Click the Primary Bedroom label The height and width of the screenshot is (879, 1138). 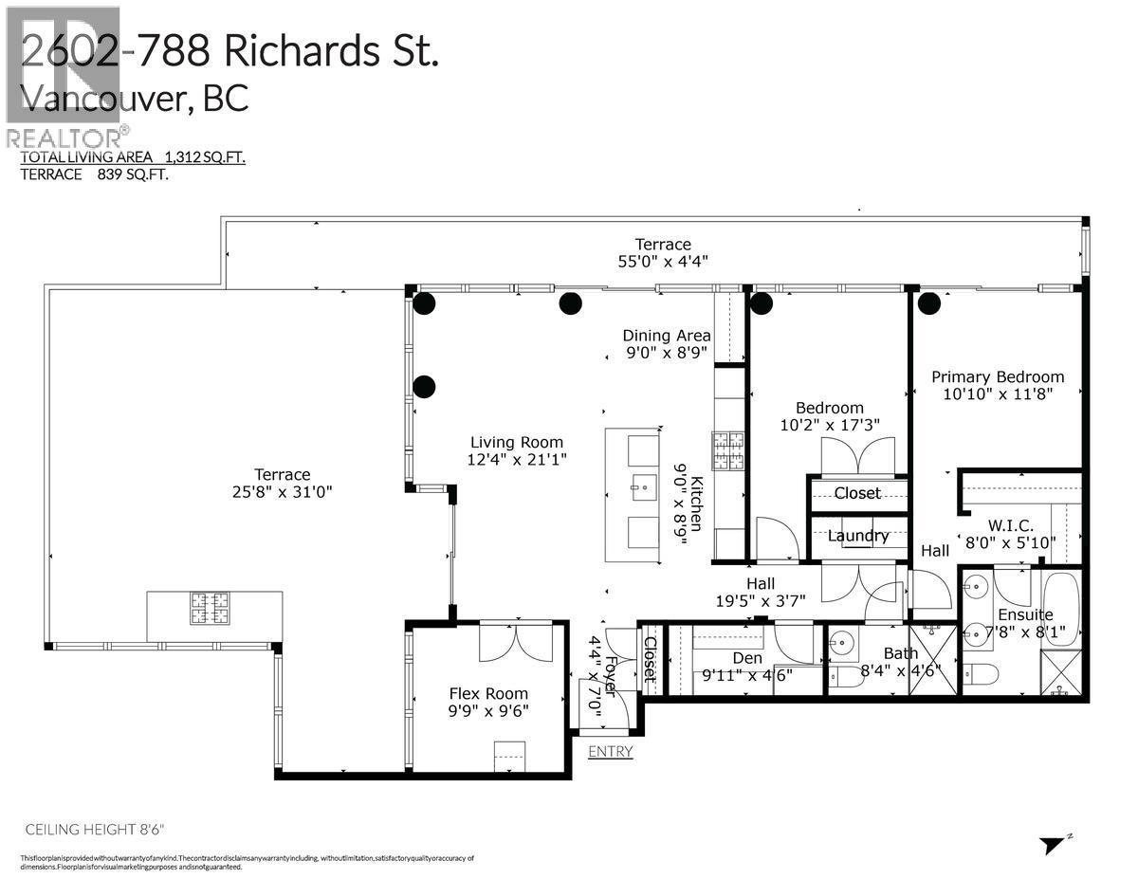[997, 376]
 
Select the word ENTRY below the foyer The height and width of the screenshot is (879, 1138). [610, 751]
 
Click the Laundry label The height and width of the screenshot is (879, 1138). [857, 536]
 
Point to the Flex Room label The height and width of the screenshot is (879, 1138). [488, 693]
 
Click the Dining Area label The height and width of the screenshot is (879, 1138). [666, 336]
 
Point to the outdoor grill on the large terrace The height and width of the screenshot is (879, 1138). [210, 608]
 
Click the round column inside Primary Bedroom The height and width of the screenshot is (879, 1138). [928, 303]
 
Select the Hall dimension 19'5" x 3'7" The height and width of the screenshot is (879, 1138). [760, 600]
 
